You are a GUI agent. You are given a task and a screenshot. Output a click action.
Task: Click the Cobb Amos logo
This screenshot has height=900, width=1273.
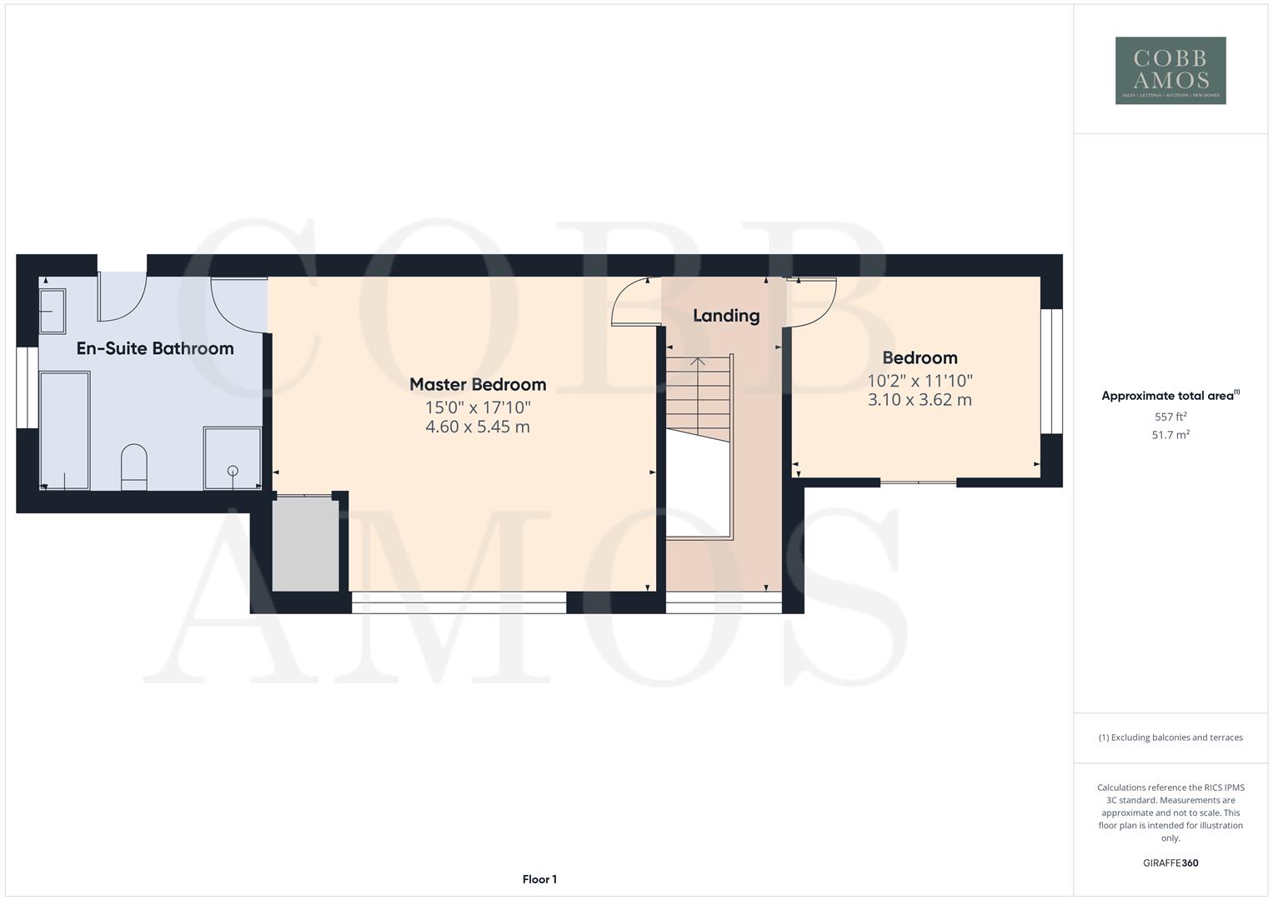pyautogui.click(x=1170, y=70)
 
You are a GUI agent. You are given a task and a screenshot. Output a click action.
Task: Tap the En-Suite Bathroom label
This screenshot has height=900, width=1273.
pyautogui.click(x=155, y=348)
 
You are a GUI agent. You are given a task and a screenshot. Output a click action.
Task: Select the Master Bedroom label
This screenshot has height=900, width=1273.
pyautogui.click(x=478, y=384)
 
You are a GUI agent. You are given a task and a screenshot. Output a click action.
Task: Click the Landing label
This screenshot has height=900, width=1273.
pyautogui.click(x=726, y=315)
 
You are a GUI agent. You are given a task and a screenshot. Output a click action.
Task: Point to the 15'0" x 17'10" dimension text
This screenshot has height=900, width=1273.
pyautogui.click(x=478, y=407)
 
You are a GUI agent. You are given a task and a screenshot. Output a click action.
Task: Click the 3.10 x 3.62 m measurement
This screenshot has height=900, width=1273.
pyautogui.click(x=920, y=400)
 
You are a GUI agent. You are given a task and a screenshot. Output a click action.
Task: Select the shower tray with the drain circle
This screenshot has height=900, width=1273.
pyautogui.click(x=233, y=457)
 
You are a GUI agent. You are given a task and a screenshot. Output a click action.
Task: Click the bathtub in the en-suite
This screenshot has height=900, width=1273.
pyautogui.click(x=65, y=429)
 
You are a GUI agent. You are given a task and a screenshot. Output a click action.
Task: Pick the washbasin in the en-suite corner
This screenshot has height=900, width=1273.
pyautogui.click(x=53, y=311)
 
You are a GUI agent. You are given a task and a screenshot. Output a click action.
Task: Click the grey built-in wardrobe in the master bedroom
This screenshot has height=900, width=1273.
pyautogui.click(x=306, y=544)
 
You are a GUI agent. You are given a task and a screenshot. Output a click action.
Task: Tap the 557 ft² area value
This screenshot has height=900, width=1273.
pyautogui.click(x=1170, y=417)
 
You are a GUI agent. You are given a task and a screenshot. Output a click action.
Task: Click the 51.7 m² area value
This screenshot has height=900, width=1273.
pyautogui.click(x=1170, y=435)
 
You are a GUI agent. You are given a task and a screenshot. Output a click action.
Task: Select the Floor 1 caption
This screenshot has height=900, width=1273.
pyautogui.click(x=539, y=879)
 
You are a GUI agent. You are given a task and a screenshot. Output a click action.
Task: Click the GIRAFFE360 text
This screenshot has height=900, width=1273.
pyautogui.click(x=1170, y=863)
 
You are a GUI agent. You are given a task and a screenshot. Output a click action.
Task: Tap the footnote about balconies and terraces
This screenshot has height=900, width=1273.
pyautogui.click(x=1170, y=737)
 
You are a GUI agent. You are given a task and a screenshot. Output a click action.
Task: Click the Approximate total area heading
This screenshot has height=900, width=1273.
pyautogui.click(x=1170, y=396)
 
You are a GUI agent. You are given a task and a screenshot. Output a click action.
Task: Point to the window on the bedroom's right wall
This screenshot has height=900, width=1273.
pyautogui.click(x=1051, y=371)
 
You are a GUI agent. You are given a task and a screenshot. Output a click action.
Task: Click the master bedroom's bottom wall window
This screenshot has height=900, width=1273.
pyautogui.click(x=459, y=602)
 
